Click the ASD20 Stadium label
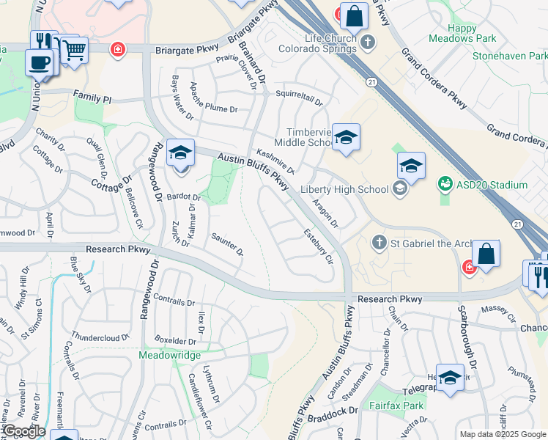(x=492, y=185)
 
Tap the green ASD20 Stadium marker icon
(x=444, y=183)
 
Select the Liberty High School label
(x=344, y=189)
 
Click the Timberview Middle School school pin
(x=346, y=137)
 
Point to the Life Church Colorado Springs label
(x=320, y=43)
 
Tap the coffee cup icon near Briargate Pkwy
(x=39, y=62)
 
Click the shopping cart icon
(x=73, y=51)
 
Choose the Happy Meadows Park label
(x=473, y=33)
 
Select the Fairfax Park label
(x=396, y=405)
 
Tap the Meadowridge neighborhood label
(x=170, y=354)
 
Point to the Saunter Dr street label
(x=227, y=244)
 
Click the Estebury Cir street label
(x=319, y=246)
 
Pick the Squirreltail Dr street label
(x=299, y=94)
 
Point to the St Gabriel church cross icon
(x=379, y=241)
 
